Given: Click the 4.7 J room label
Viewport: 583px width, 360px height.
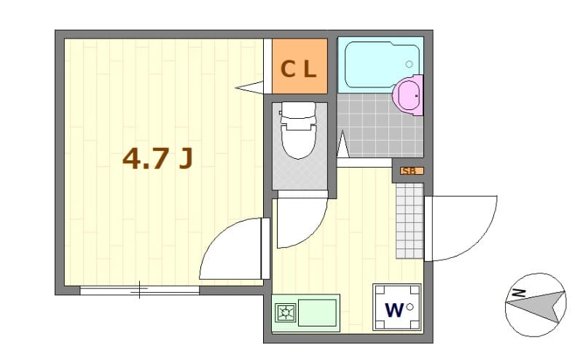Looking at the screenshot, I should [x=157, y=157].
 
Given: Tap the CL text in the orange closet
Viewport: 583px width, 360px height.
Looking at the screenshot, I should [x=299, y=69].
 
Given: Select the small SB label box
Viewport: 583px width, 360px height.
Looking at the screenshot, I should [x=409, y=171].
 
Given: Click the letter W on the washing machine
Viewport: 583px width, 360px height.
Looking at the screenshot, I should [x=394, y=310].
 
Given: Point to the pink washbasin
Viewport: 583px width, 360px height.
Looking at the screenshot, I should [x=407, y=95].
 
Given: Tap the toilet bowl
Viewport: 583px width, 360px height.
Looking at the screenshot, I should [x=297, y=138].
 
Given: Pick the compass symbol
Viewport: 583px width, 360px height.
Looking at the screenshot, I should [x=536, y=305].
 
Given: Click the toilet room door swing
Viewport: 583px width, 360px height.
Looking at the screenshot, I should [x=300, y=222].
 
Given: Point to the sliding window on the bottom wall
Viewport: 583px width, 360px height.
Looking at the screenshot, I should [x=139, y=291].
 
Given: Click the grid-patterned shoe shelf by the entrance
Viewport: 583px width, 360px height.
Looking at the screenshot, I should [x=409, y=220].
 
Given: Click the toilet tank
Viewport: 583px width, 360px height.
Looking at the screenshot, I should [x=297, y=111].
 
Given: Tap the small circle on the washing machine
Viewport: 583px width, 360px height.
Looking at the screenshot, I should [x=410, y=307].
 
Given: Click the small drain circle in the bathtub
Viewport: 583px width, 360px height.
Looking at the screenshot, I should [x=409, y=64].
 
